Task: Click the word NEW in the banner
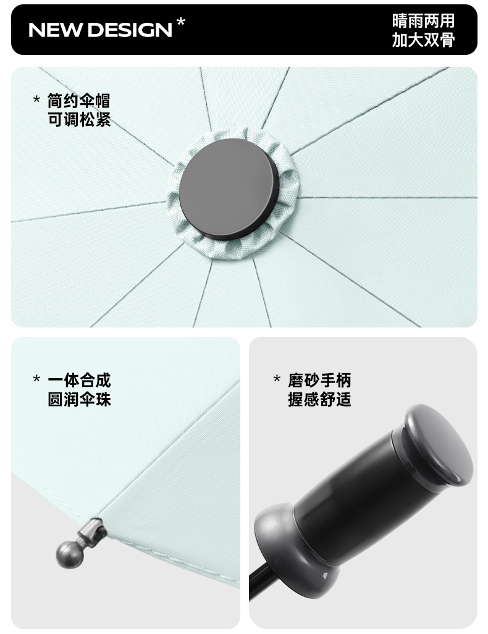pyautogui.click(x=56, y=30)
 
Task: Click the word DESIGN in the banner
pyautogui.click(x=130, y=30)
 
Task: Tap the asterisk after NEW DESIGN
pyautogui.click(x=181, y=22)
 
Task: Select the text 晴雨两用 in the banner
pyautogui.click(x=423, y=21)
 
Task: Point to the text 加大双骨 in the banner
pyautogui.click(x=423, y=40)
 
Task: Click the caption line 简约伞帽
pyautogui.click(x=79, y=101)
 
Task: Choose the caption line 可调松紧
pyautogui.click(x=79, y=119)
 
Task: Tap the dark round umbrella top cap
pyautogui.click(x=230, y=189)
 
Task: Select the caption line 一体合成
pyautogui.click(x=79, y=380)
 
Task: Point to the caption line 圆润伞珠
pyautogui.click(x=79, y=399)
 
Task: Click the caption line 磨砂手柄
pyautogui.click(x=319, y=380)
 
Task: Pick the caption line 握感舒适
pyautogui.click(x=319, y=399)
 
